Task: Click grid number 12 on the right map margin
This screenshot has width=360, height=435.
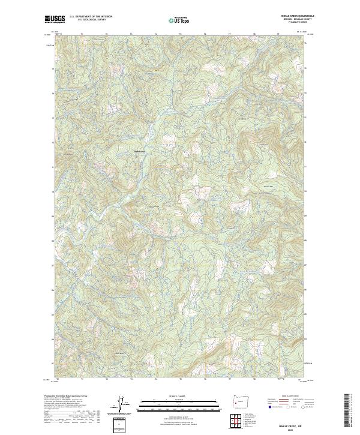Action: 307,142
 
